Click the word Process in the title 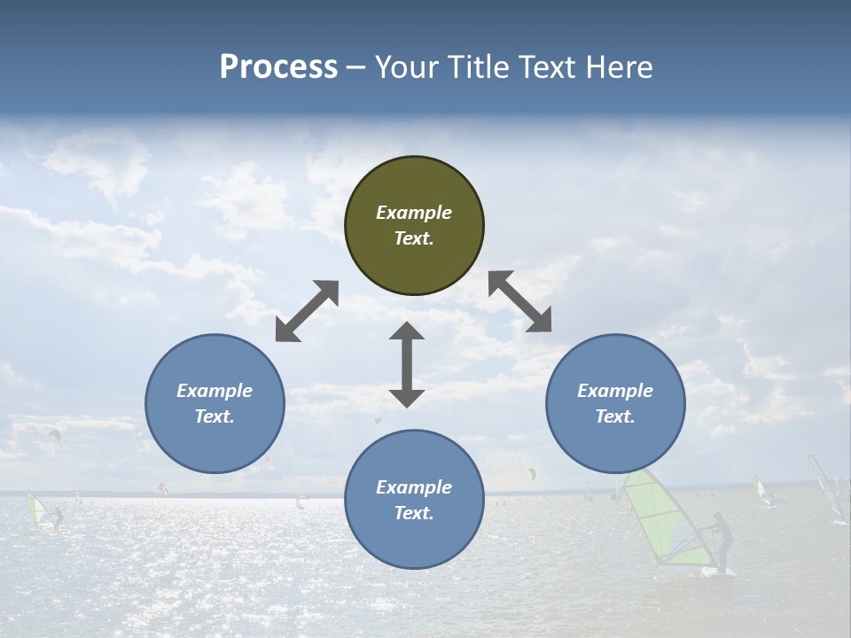click(x=278, y=66)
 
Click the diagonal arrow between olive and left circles click(x=307, y=311)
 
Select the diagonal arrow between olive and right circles click(x=519, y=301)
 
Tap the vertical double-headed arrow click(x=407, y=364)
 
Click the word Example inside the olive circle click(x=414, y=213)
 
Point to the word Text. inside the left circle click(x=215, y=416)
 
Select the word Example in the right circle click(x=615, y=391)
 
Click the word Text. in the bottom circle click(x=414, y=513)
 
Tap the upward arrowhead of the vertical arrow click(x=407, y=332)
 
